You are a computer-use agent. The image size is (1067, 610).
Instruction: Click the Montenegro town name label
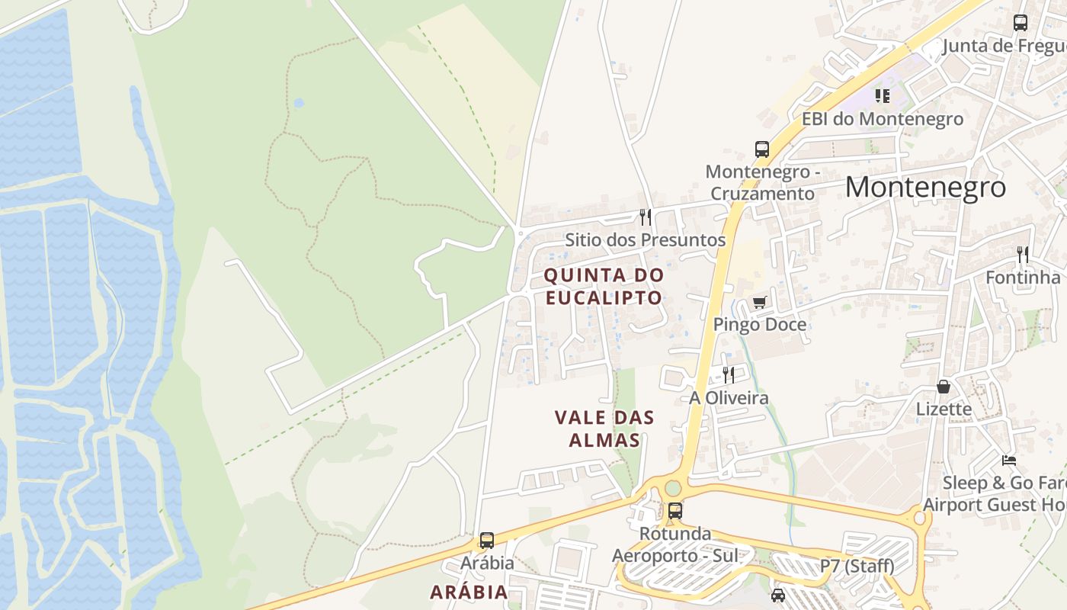(925, 188)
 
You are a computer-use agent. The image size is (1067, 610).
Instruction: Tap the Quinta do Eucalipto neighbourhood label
(604, 286)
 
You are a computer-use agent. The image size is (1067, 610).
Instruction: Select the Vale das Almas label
(604, 429)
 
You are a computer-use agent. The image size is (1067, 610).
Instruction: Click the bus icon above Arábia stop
(486, 541)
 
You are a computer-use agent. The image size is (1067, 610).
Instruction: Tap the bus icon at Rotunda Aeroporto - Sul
(674, 511)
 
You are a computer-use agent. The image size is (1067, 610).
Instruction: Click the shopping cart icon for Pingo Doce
(759, 303)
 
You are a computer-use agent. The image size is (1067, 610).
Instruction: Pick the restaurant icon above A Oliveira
(729, 374)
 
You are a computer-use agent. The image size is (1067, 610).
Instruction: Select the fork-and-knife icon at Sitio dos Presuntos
(646, 217)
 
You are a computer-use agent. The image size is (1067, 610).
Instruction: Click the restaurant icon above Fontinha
(1023, 254)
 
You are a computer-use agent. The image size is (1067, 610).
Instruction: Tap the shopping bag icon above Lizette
(944, 387)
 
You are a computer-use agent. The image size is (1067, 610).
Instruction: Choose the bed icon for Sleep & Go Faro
(1009, 461)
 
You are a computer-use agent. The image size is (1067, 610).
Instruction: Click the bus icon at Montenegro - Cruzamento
(761, 149)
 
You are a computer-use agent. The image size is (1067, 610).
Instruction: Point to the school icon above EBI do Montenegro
(883, 96)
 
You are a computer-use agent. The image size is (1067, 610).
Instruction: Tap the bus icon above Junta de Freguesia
(1021, 23)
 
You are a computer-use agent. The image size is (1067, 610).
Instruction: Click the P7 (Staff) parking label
(857, 567)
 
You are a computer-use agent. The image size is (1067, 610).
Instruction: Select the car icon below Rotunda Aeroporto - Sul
(778, 595)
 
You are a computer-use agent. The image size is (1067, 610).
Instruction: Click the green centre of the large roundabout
(673, 487)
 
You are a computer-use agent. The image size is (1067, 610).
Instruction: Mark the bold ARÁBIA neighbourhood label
(469, 592)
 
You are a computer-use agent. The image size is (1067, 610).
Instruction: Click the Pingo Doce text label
(759, 325)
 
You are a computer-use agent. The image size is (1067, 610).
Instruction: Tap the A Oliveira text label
(729, 398)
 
